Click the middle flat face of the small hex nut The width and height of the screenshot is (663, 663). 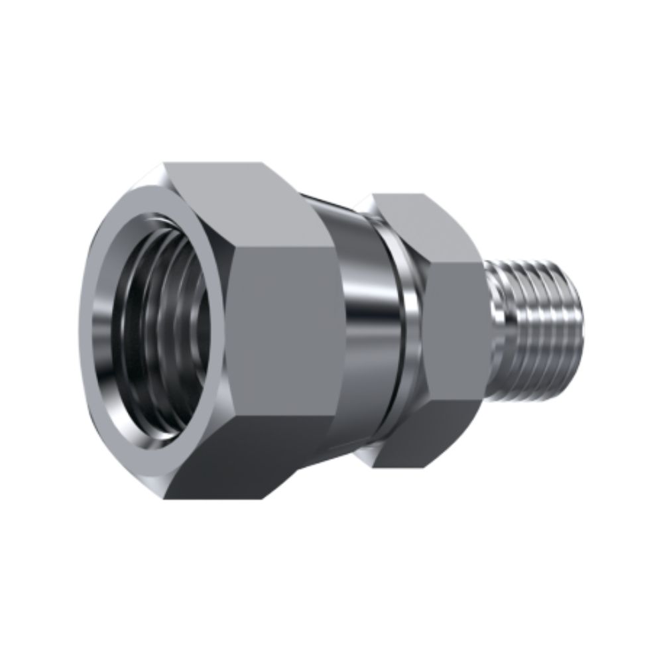454,331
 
